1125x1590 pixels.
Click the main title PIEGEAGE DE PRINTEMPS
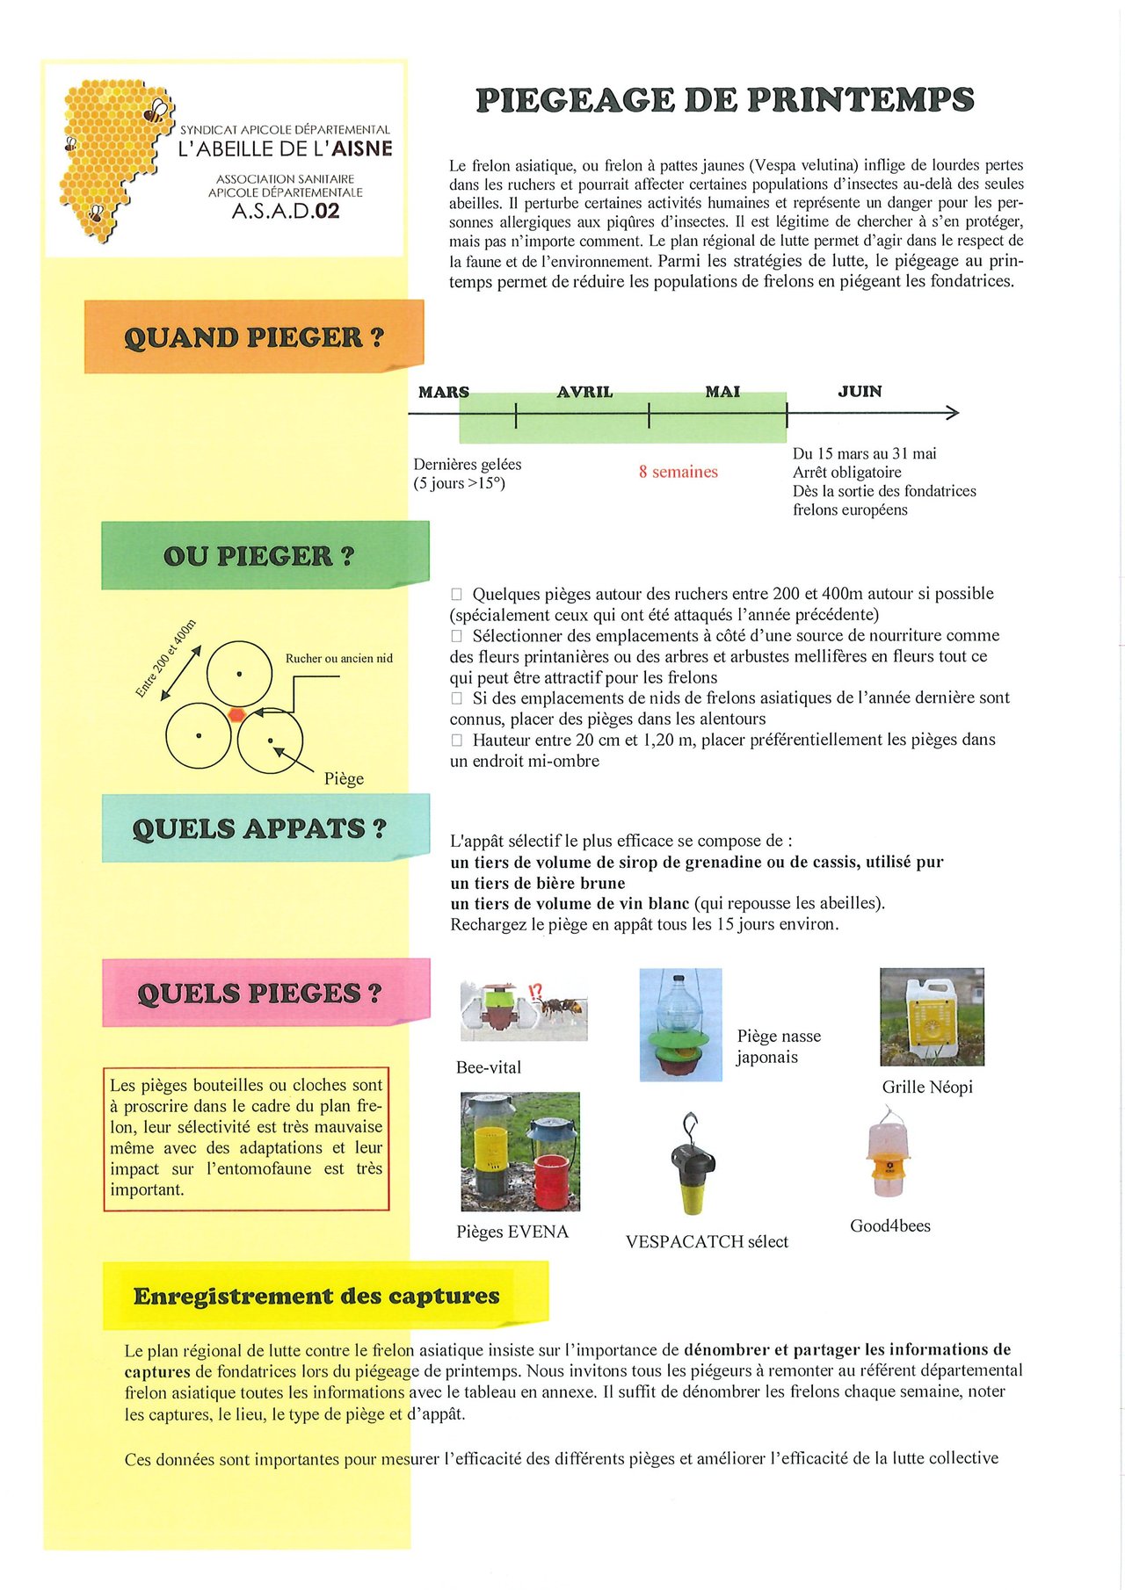pyautogui.click(x=724, y=100)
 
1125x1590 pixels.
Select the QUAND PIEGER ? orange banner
pyautogui.click(x=253, y=337)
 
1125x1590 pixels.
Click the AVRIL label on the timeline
pyautogui.click(x=584, y=392)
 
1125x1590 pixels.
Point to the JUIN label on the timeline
pyautogui.click(x=860, y=392)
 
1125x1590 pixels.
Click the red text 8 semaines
pyautogui.click(x=678, y=473)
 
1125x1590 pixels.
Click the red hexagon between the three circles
pyautogui.click(x=236, y=714)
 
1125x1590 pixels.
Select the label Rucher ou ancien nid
pyautogui.click(x=338, y=659)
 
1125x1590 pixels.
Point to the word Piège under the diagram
pyautogui.click(x=344, y=779)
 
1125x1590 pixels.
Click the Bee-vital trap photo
pyautogui.click(x=524, y=1010)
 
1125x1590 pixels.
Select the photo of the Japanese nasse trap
pyautogui.click(x=680, y=1024)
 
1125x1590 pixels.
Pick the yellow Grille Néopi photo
pyautogui.click(x=932, y=1017)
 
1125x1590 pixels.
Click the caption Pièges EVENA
pyautogui.click(x=512, y=1232)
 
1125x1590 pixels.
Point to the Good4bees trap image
pyautogui.click(x=889, y=1155)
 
